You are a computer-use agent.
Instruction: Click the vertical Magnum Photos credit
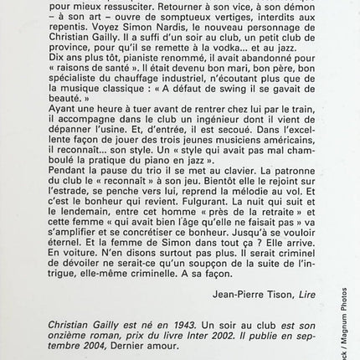tap(354, 319)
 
